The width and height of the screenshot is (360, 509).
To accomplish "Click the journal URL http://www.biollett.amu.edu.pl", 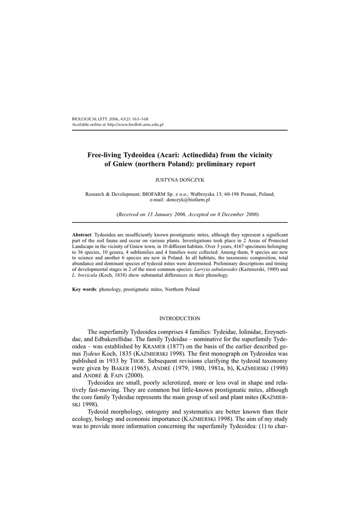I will tap(135, 124).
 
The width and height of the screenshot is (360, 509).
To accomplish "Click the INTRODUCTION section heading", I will tap(180, 318).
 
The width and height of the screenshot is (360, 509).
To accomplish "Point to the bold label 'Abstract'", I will tap(82, 234).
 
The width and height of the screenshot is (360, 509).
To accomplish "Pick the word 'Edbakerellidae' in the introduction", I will tap(110, 339).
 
